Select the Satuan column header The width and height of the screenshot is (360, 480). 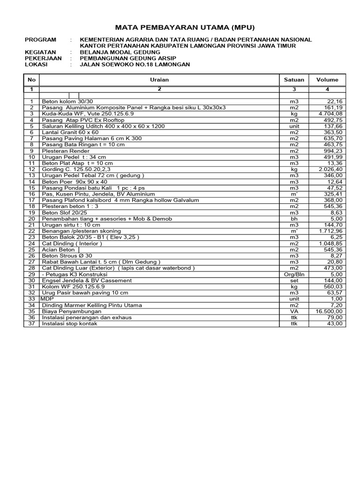[294, 80]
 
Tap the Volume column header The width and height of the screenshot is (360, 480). [327, 80]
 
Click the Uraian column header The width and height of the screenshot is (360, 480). [159, 80]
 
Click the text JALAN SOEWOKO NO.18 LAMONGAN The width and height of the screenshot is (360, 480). [135, 64]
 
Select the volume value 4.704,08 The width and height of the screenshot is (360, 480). [330, 113]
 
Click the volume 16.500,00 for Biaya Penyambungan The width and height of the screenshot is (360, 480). [329, 311]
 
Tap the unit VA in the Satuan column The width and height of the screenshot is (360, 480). [294, 311]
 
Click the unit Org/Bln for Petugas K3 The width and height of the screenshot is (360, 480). [294, 274]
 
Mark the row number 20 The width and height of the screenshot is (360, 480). [31, 218]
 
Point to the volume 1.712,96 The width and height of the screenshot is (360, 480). [330, 231]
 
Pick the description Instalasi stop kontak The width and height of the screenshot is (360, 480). [70, 323]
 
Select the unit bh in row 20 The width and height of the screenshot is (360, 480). [294, 218]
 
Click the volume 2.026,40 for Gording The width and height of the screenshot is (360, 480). [330, 169]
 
